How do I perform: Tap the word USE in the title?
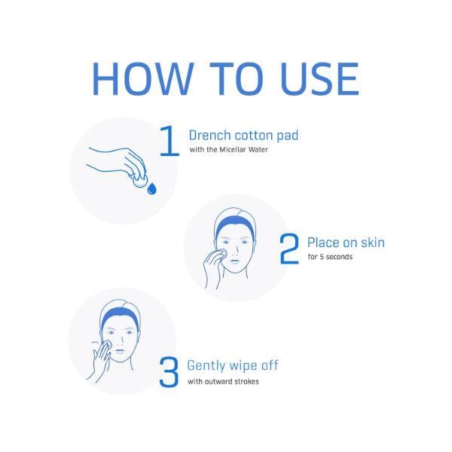tap(320, 78)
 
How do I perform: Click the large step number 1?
tap(169, 141)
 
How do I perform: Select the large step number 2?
tap(289, 249)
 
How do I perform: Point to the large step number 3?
tap(169, 372)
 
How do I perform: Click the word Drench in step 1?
tap(210, 135)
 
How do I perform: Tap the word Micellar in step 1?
tap(233, 149)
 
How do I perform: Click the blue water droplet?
tap(151, 188)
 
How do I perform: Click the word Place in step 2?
tap(323, 243)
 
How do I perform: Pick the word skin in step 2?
tap(373, 243)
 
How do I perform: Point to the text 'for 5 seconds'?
tap(330, 257)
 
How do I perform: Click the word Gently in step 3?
tap(206, 366)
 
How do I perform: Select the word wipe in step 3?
tap(243, 366)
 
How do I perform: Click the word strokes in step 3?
tap(246, 381)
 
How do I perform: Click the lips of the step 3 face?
tap(121, 351)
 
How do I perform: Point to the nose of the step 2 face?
tap(236, 251)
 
